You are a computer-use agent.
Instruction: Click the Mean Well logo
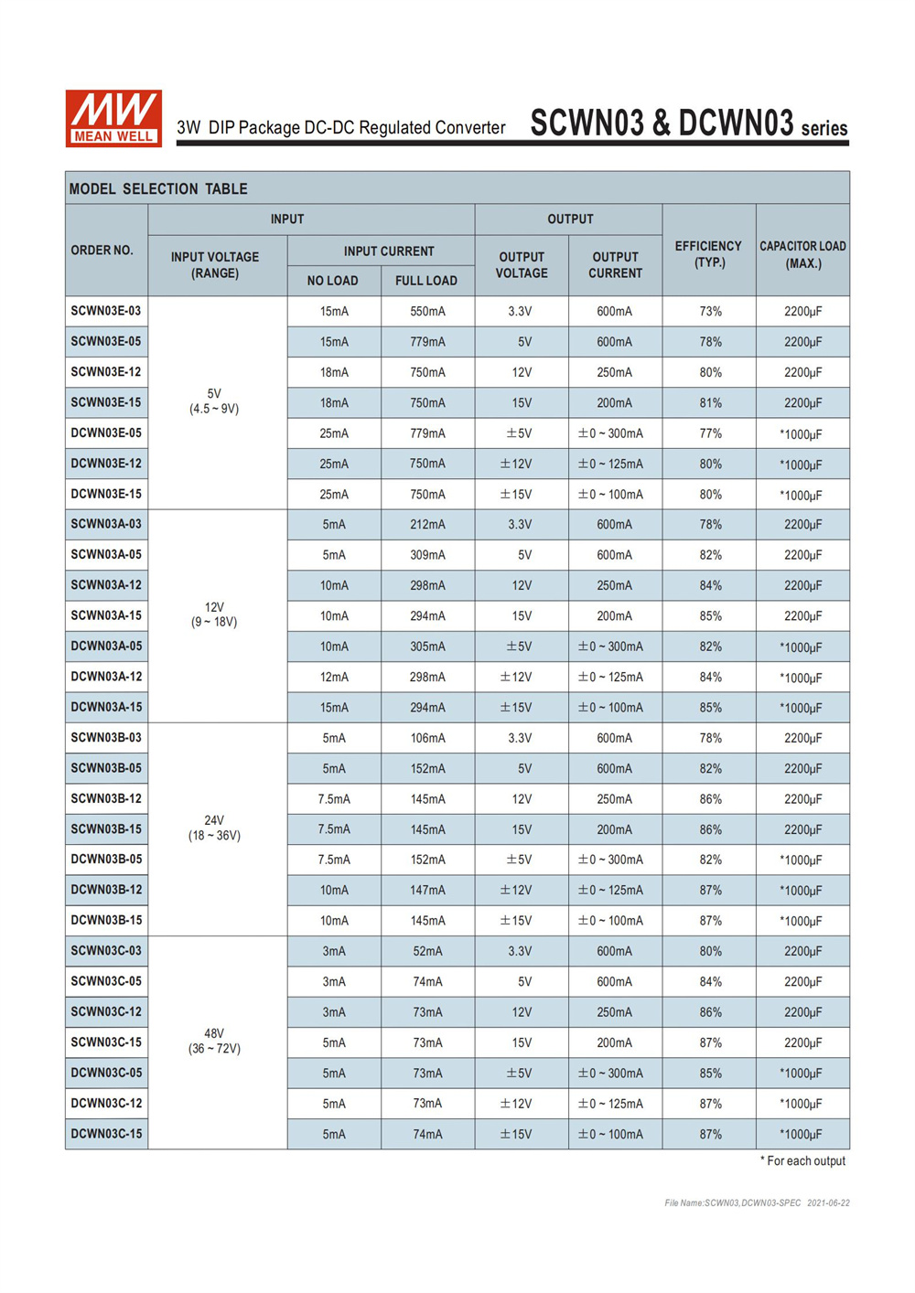point(113,118)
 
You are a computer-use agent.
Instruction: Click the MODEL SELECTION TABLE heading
point(158,189)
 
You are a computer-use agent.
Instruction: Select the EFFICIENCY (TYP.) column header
point(708,254)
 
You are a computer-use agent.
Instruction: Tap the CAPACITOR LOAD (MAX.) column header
point(802,254)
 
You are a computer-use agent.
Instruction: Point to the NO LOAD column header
point(333,281)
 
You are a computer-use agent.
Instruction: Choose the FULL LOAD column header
point(426,281)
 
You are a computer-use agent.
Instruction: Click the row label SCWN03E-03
point(106,311)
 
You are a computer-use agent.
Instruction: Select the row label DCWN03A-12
point(106,677)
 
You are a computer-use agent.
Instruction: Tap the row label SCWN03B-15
point(106,829)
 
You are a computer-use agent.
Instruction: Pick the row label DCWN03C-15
point(106,1134)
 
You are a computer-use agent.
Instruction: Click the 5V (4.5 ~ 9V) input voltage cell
point(214,401)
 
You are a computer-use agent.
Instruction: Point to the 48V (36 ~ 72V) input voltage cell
point(214,1042)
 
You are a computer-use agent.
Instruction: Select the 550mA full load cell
point(427,312)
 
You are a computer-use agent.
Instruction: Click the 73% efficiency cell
point(710,312)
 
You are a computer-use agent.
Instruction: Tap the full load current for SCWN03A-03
point(427,525)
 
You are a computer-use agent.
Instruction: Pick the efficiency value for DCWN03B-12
point(710,891)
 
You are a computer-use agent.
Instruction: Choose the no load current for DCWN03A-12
point(334,678)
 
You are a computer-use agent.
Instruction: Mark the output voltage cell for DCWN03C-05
point(520,1074)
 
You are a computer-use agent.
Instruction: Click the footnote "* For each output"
point(802,1161)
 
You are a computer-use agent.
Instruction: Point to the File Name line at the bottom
point(757,1203)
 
